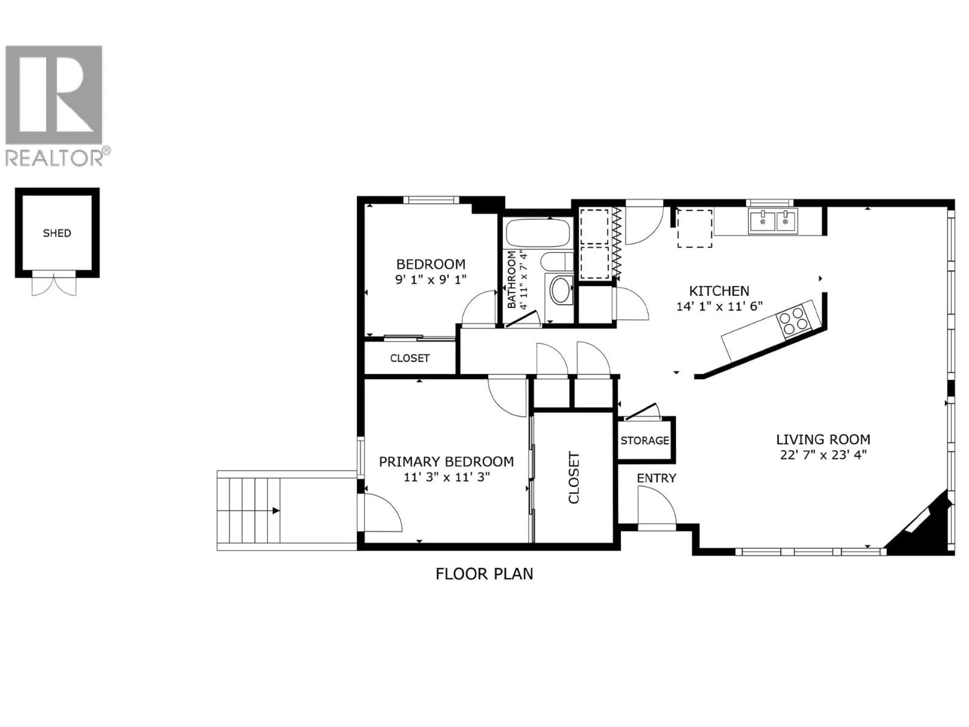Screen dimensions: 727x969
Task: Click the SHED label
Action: (57, 233)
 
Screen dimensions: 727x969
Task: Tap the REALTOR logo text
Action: (55, 158)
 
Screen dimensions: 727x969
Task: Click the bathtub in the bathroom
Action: (538, 233)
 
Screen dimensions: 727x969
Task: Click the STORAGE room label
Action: (645, 440)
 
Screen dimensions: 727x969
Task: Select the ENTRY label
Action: (656, 478)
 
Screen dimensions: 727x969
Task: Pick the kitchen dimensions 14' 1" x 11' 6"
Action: (719, 306)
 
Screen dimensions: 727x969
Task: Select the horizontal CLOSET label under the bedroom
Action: (410, 358)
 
